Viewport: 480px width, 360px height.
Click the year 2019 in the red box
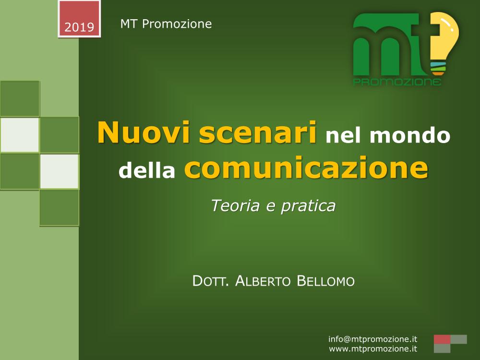pyautogui.click(x=79, y=27)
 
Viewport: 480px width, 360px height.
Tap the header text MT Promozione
pyautogui.click(x=166, y=24)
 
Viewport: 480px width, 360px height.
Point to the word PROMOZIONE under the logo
pyautogui.click(x=397, y=82)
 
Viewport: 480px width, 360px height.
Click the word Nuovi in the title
pyautogui.click(x=144, y=132)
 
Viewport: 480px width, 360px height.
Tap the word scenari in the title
pyautogui.click(x=258, y=132)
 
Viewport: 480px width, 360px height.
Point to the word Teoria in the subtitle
pyautogui.click(x=235, y=205)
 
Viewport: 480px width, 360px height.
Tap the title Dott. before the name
pyautogui.click(x=211, y=281)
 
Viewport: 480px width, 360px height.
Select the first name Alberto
pyautogui.click(x=263, y=281)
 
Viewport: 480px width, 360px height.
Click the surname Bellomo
pyautogui.click(x=326, y=281)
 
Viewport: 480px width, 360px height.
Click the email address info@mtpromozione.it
pyautogui.click(x=373, y=339)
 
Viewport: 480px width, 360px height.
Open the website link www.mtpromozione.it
pyautogui.click(x=373, y=348)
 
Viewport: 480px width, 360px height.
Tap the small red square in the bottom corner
pyautogui.click(x=442, y=339)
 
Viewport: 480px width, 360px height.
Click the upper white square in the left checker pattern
pyautogui.click(x=20, y=135)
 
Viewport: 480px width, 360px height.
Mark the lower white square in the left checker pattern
pyautogui.click(x=60, y=171)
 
